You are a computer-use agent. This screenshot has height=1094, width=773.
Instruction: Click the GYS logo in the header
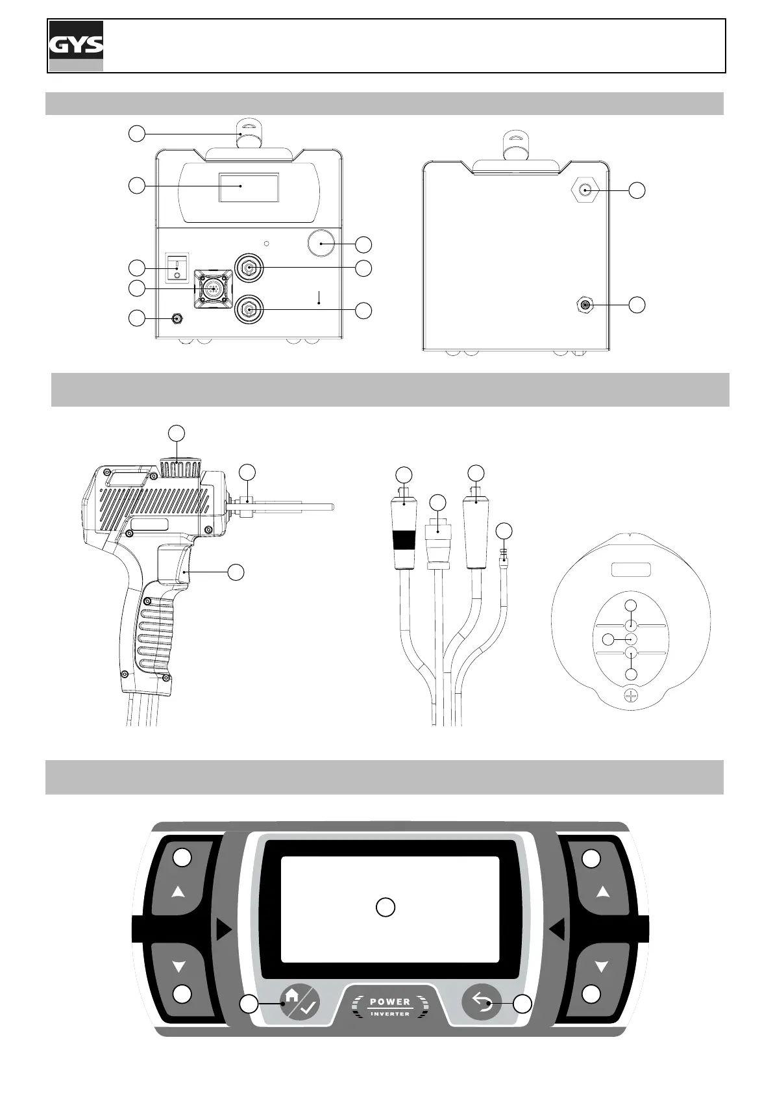[76, 45]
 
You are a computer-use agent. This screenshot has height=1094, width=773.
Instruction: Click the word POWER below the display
[390, 1002]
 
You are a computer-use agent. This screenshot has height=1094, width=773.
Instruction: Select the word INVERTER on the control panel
[390, 1014]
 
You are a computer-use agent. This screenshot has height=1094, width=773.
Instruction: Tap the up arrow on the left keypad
[178, 893]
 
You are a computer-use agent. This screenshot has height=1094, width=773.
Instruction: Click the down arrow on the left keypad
[179, 967]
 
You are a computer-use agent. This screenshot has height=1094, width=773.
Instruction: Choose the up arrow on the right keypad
[603, 893]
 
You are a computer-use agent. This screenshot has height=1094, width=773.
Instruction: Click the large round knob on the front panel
[320, 244]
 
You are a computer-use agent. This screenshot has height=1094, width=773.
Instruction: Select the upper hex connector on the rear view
[585, 190]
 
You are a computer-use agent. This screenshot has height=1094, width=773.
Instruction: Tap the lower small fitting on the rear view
[585, 304]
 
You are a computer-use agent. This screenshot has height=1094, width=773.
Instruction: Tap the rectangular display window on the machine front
[249, 187]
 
